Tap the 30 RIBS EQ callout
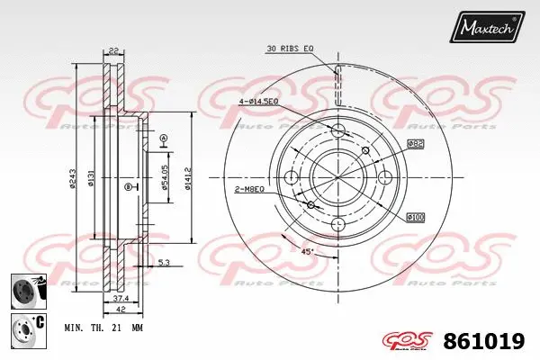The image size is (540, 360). pos(290,48)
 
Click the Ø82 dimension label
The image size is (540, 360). pos(415,143)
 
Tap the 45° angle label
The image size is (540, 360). pos(309,251)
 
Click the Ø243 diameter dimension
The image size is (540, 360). pos(72,180)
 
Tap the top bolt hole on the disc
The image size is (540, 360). pos(338,131)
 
